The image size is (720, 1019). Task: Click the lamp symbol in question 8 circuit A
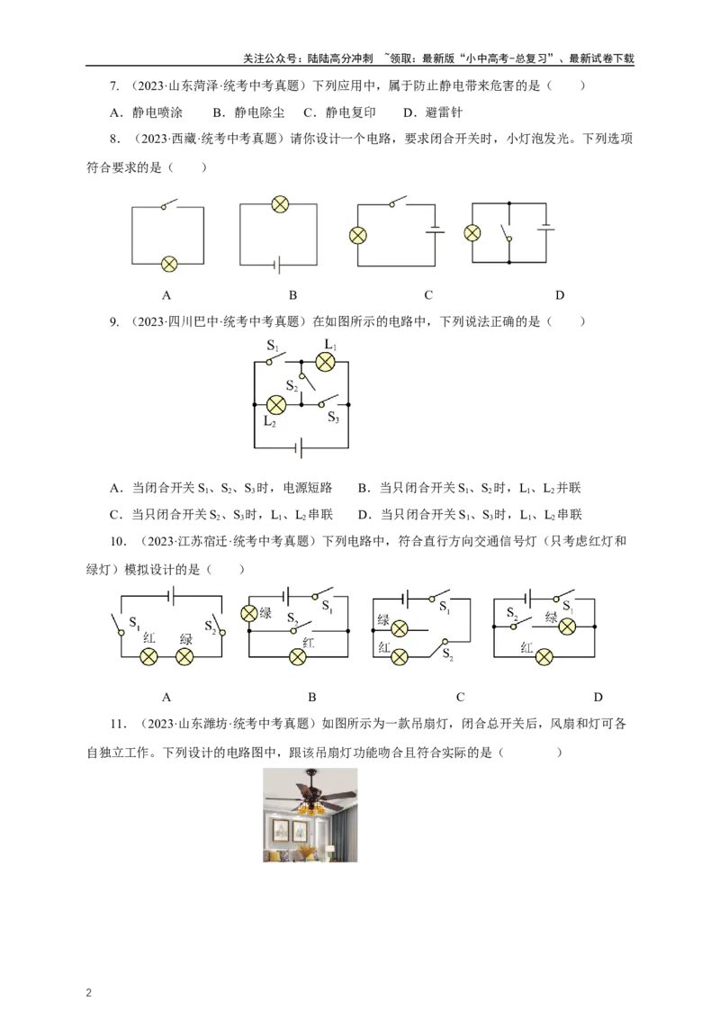point(169,264)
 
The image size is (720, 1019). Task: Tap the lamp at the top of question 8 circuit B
point(279,204)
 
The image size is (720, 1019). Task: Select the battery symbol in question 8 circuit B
point(277,265)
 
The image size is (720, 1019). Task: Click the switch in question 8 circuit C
point(398,202)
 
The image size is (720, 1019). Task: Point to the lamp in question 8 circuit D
point(472,233)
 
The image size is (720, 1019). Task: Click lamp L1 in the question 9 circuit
point(325,362)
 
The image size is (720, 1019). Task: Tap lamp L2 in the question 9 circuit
point(276,405)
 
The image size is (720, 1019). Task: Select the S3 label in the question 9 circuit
point(333,417)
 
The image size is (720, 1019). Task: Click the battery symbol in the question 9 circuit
point(298,447)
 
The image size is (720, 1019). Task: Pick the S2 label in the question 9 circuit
point(292,386)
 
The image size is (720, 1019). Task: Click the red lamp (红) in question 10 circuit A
point(149,657)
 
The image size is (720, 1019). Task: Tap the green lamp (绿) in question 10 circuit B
point(249,613)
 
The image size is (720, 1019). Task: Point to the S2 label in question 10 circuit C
point(447,654)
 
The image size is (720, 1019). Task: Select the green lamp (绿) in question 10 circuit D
point(567,627)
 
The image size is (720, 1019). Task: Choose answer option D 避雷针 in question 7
point(433,113)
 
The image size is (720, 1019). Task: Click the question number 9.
point(114,321)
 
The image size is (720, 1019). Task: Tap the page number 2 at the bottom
point(89,992)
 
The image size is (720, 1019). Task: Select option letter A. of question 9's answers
point(116,487)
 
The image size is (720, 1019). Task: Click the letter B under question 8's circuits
point(293,295)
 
